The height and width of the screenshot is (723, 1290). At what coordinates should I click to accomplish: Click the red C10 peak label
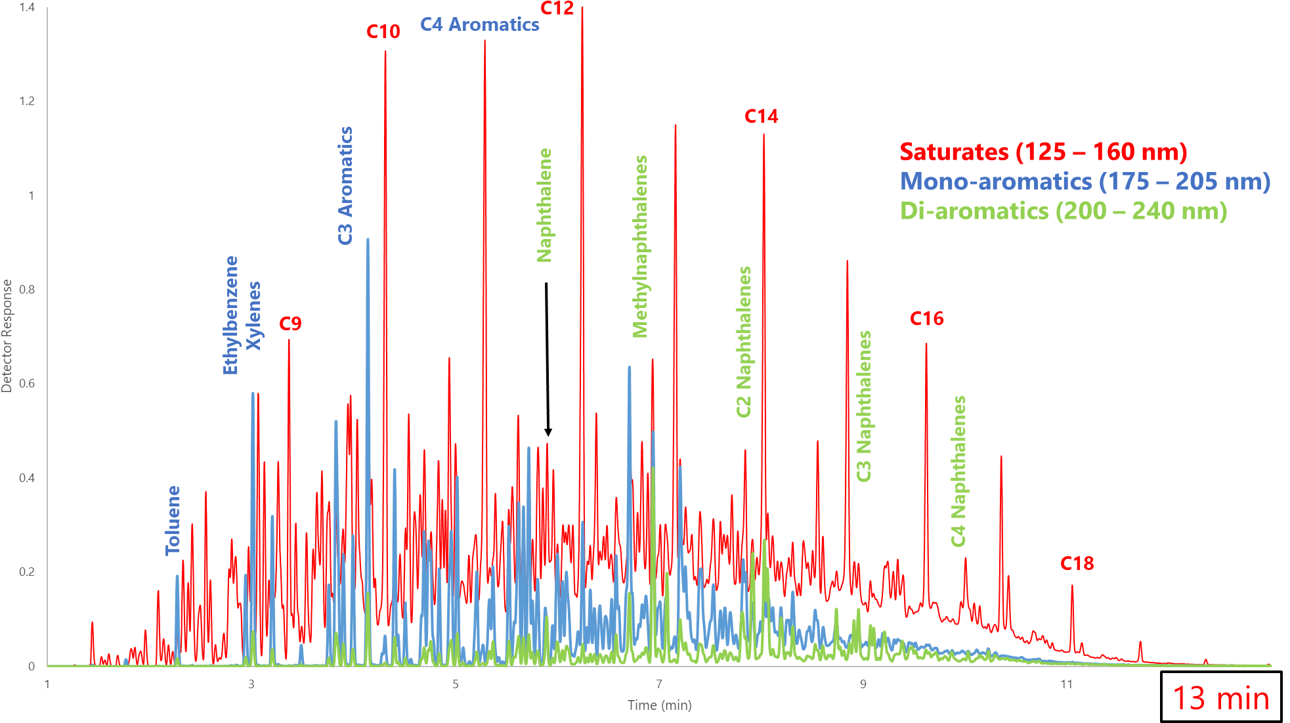coord(383,32)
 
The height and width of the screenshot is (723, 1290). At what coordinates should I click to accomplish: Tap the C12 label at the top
coord(557,9)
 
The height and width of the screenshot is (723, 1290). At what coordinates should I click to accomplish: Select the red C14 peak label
coord(761,117)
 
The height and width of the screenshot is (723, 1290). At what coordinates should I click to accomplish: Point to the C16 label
coord(926,319)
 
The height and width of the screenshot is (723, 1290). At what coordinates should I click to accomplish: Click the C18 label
coord(1077,563)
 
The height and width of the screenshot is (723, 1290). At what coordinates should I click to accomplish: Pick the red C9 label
coord(290,324)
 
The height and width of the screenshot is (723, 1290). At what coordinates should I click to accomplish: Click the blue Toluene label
coord(173,520)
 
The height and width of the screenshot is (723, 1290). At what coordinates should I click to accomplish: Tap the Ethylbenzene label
coord(230,315)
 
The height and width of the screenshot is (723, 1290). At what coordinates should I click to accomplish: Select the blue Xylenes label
coord(253,316)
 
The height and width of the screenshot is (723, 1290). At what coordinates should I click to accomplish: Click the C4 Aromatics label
coord(479,25)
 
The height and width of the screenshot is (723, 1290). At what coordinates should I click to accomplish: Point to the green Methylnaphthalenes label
coord(640,246)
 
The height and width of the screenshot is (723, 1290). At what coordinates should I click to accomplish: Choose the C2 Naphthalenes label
coord(744,341)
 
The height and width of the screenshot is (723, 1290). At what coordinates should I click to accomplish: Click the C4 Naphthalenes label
coord(959,471)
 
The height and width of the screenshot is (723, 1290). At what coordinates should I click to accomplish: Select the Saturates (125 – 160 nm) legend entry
coord(1043,152)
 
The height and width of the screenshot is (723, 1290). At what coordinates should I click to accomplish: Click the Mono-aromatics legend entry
coord(1085,181)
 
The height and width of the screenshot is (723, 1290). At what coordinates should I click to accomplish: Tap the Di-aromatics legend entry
coord(1064,211)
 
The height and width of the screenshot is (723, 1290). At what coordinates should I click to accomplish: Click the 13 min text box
coord(1220,697)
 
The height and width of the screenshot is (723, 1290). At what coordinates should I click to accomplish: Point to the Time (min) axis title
coord(659,705)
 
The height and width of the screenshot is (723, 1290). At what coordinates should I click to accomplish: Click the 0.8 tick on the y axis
coord(27,290)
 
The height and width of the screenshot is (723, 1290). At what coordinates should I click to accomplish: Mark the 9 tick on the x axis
coord(863,684)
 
